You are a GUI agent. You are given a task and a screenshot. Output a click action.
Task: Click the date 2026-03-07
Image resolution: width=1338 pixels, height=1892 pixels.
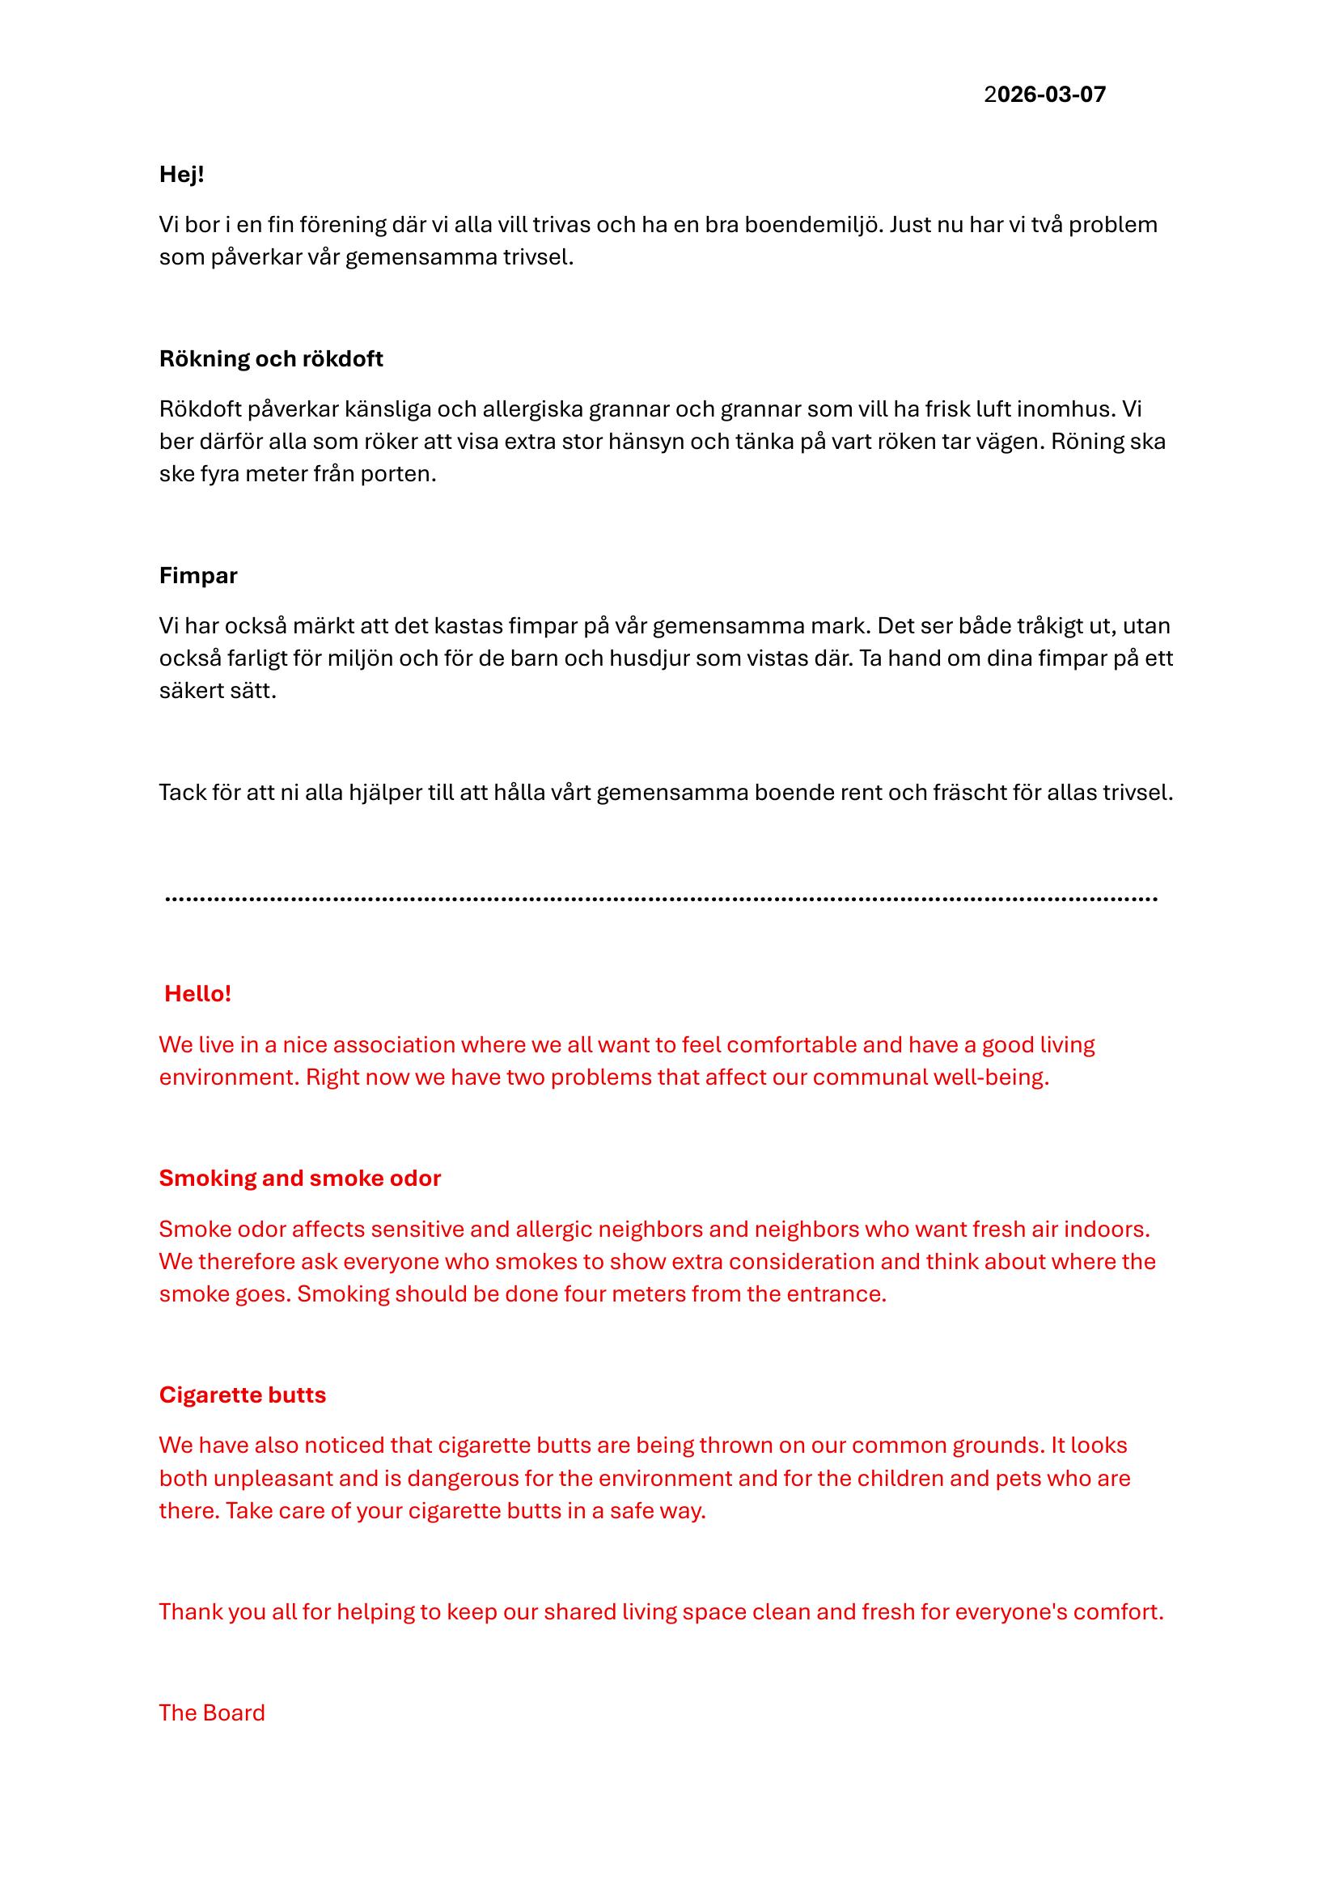[x=1044, y=95]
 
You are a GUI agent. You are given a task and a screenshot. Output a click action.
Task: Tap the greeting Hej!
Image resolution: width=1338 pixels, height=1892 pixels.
[x=181, y=175]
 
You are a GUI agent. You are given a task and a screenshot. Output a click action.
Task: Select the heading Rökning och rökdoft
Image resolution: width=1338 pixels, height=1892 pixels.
[x=271, y=359]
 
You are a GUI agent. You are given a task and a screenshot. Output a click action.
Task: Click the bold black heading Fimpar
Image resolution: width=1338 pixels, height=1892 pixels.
[x=197, y=576]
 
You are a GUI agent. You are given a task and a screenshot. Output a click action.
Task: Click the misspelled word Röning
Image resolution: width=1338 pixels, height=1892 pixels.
[x=1085, y=442]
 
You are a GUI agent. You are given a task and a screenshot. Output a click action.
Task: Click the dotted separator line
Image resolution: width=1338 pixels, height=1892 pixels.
[x=662, y=898]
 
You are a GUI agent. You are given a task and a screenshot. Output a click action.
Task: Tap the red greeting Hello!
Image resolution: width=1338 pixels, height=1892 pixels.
[x=197, y=994]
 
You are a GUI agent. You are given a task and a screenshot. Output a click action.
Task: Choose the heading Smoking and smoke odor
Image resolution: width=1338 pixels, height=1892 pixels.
[x=300, y=1179]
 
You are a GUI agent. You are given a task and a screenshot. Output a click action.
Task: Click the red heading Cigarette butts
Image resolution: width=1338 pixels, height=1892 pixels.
[x=242, y=1395]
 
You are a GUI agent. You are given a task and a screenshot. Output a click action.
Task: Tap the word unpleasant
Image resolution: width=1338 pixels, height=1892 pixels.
[x=273, y=1479]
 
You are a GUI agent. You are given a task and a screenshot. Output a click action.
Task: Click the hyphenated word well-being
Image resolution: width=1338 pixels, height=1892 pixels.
[x=990, y=1077]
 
